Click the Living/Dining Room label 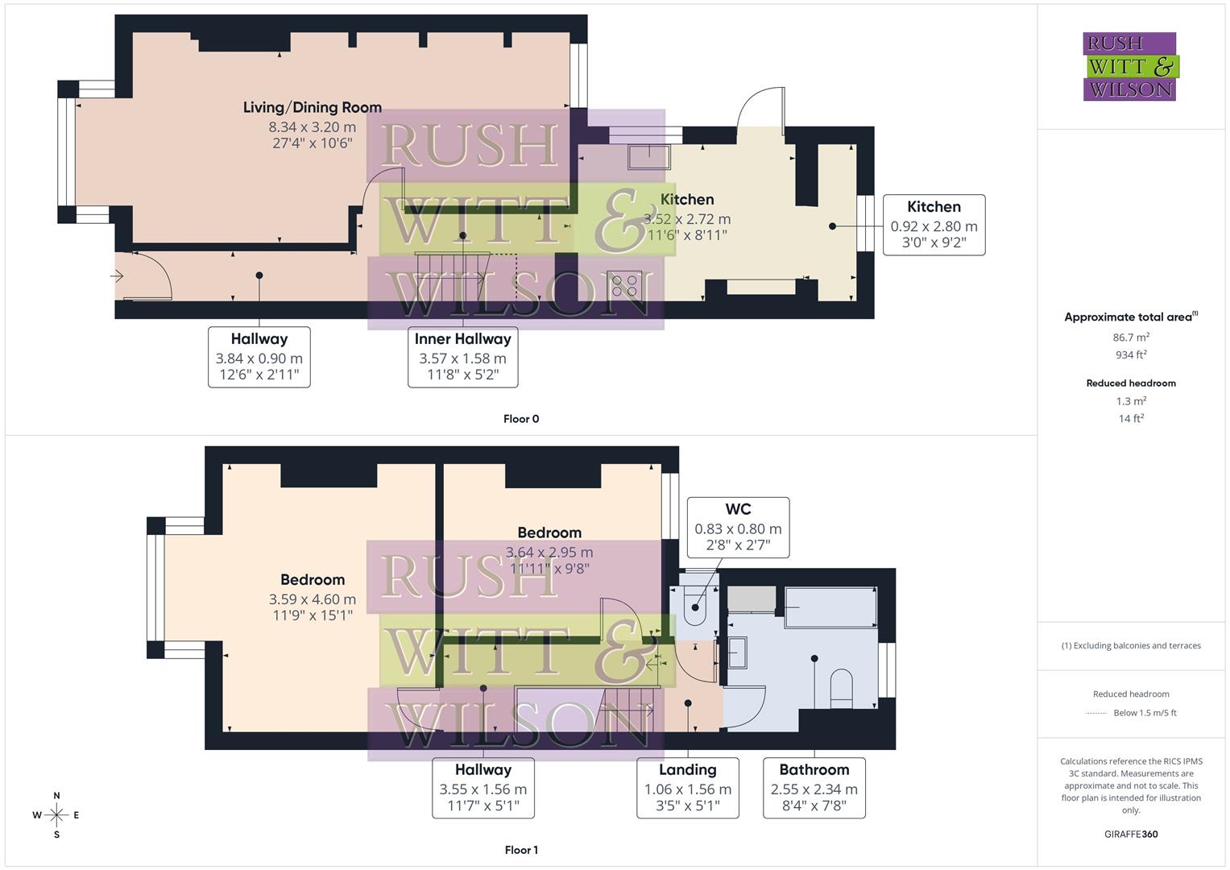coord(312,108)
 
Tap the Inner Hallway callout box coord(462,357)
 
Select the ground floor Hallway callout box coord(259,357)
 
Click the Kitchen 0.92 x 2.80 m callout coord(934,225)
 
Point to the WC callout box coord(738,528)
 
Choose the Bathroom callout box coord(814,788)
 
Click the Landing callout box coord(687,788)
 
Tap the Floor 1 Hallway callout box coord(482,788)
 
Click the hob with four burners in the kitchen coord(624,285)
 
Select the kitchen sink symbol coord(648,156)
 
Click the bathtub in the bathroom coord(830,607)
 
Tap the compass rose coord(56,815)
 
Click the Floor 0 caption coord(521,419)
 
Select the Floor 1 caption coord(521,850)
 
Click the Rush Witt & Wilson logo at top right coord(1129,67)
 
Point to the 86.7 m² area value coord(1131,338)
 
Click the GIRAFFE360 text coord(1130,835)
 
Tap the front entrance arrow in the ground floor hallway coord(118,276)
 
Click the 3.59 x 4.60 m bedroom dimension coord(312,599)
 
